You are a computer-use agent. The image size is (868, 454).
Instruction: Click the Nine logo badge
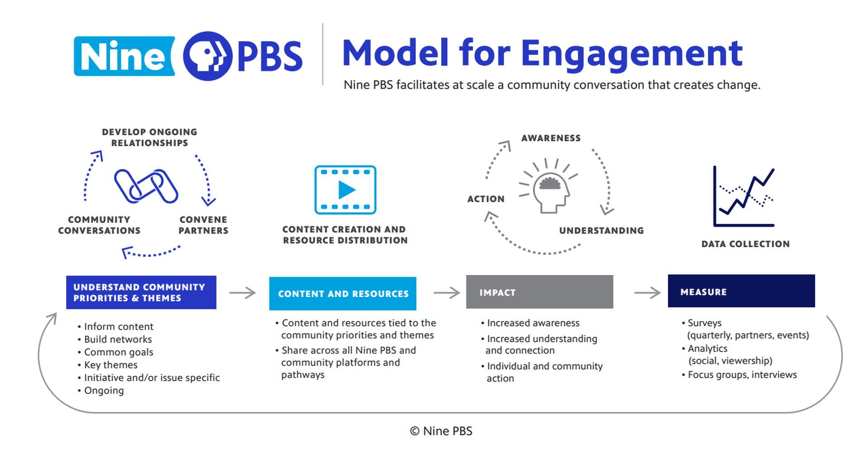point(124,56)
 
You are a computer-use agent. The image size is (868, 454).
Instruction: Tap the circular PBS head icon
point(207,56)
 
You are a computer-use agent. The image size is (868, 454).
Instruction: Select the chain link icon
point(146,186)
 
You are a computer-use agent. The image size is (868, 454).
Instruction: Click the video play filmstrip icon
point(345,190)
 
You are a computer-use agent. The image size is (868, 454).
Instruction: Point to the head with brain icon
point(549,190)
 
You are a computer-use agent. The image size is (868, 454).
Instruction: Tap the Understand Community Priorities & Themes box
point(141,292)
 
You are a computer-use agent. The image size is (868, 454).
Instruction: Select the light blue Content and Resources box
point(342,293)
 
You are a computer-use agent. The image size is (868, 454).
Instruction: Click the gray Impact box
point(539,292)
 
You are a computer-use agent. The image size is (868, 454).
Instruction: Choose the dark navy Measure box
point(741,291)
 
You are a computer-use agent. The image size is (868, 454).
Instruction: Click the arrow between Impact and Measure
point(647,293)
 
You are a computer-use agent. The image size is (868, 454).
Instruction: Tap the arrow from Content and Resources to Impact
point(446,293)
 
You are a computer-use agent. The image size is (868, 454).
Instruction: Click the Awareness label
point(551,138)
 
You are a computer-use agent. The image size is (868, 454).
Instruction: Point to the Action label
point(486,199)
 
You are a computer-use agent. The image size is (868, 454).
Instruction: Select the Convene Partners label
point(203,225)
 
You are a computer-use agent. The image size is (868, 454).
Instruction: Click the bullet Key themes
point(110,365)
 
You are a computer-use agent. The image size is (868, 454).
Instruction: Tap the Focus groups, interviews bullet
point(742,375)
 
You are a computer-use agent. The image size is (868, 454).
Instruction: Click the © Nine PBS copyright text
point(441,431)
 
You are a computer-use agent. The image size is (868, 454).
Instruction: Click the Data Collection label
point(745,244)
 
